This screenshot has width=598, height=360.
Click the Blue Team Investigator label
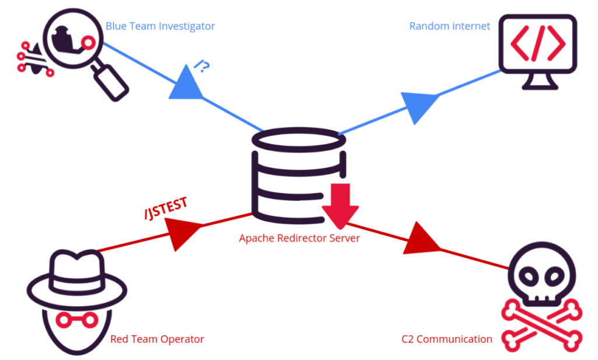point(160,26)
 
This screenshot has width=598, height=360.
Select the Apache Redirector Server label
point(300,238)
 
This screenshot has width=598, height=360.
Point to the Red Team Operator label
point(157,339)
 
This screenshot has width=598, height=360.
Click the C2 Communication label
point(447,339)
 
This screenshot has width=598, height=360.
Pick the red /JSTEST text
point(167,209)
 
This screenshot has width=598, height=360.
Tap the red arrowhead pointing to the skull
point(422,239)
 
